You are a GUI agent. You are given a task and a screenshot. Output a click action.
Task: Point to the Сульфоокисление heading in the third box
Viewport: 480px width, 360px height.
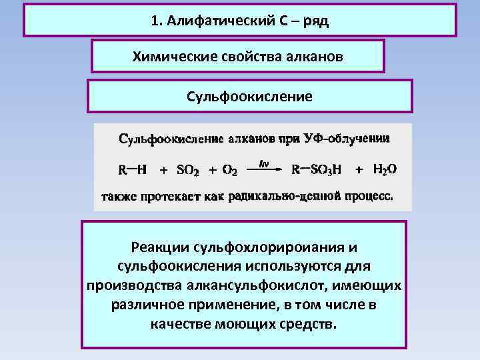(250, 97)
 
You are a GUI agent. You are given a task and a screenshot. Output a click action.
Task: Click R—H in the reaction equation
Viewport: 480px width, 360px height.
(132, 170)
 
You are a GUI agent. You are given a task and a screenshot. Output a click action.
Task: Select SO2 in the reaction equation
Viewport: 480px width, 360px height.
(187, 170)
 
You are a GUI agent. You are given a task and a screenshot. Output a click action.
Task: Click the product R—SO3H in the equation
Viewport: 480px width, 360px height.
(317, 170)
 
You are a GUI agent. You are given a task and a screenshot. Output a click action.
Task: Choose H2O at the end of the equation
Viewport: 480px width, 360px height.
(385, 170)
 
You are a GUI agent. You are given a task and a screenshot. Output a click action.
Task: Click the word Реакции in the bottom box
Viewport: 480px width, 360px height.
(159, 248)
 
